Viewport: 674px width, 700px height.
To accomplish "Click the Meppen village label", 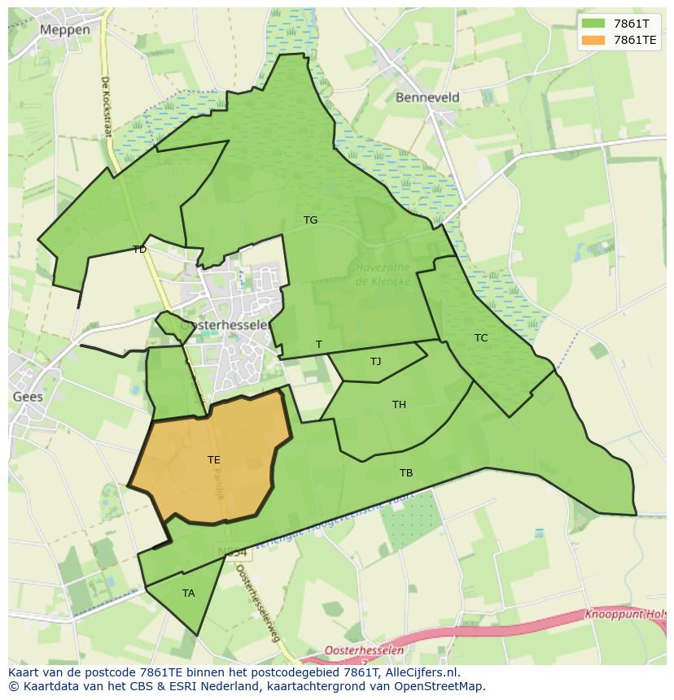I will point(64,29).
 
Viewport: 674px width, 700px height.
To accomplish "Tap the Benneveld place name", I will point(427,98).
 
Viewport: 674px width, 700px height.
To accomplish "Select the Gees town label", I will point(27,397).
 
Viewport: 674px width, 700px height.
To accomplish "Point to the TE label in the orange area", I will point(213,460).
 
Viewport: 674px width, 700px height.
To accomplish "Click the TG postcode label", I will point(310,220).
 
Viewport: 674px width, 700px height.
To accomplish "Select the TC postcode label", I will point(481,338).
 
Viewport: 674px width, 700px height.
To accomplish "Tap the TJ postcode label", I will point(375,362).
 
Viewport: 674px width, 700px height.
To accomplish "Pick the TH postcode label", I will point(399,405).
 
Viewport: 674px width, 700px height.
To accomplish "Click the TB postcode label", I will point(405,473).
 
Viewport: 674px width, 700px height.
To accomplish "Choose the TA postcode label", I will point(188,593).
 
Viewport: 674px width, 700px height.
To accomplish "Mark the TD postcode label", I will point(139,250).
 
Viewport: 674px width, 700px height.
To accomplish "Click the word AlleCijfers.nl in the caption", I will point(420,673).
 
